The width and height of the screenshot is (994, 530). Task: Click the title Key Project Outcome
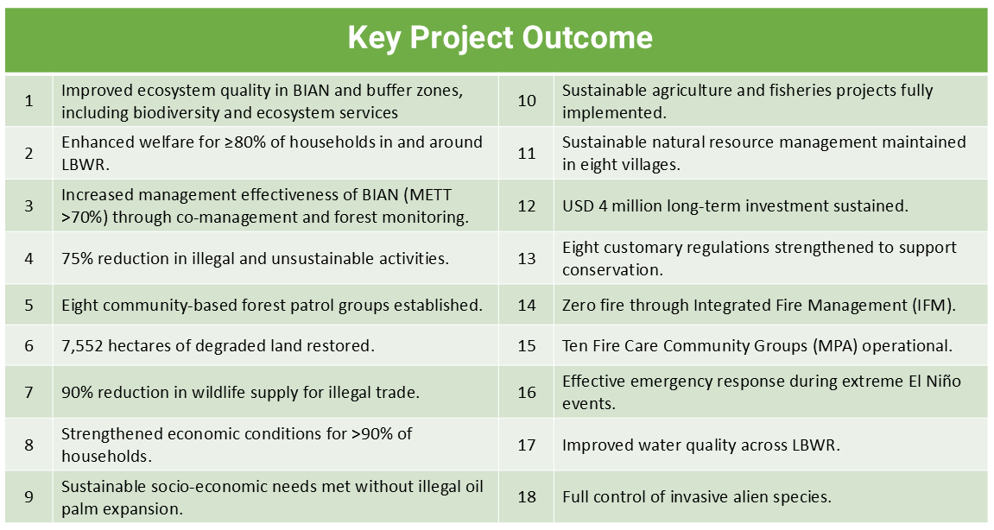click(499, 38)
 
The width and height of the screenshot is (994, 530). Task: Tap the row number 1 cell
click(29, 101)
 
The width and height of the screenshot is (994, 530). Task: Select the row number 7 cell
click(29, 392)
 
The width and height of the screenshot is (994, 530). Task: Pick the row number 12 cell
click(526, 206)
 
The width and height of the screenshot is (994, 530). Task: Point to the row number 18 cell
click(526, 497)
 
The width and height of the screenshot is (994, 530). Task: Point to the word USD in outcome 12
click(578, 206)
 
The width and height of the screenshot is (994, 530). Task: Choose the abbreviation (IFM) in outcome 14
click(934, 306)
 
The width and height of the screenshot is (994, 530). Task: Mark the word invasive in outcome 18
click(699, 497)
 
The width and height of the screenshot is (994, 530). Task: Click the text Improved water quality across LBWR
click(701, 445)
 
